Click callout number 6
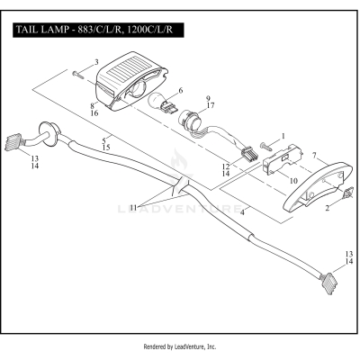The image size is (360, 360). (181, 91)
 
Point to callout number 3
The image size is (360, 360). (96, 63)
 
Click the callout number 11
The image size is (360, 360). (133, 207)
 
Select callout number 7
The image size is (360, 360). (312, 157)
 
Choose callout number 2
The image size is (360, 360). (327, 206)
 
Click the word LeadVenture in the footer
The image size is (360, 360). (198, 346)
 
